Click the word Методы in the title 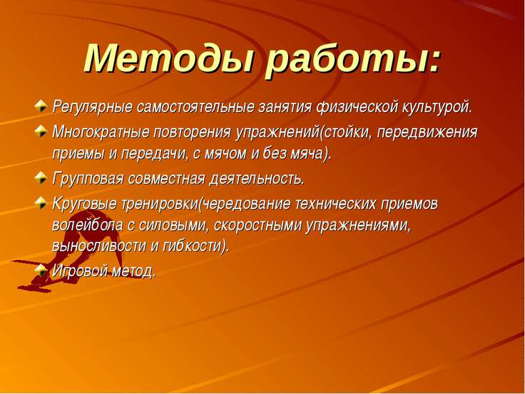click(x=168, y=59)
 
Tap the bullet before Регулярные click(x=41, y=106)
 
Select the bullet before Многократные click(x=41, y=131)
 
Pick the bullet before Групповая click(x=41, y=178)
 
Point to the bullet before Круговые click(x=41, y=203)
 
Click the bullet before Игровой click(x=41, y=270)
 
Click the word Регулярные click(x=92, y=108)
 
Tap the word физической click(x=357, y=107)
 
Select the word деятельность click(x=256, y=178)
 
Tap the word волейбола click(x=88, y=225)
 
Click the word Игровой click(x=80, y=271)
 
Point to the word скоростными click(x=258, y=226)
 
